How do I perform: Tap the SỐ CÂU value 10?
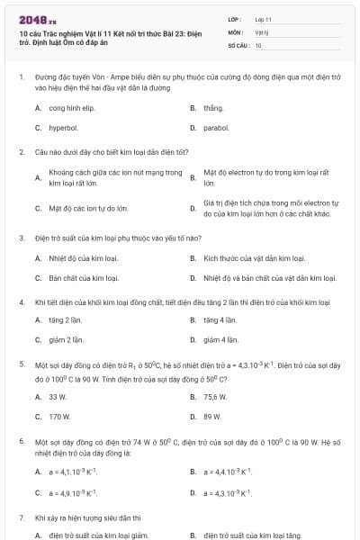tap(258, 44)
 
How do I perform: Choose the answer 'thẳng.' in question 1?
tap(213, 107)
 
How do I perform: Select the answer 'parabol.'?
tap(216, 128)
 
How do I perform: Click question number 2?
tap(21, 152)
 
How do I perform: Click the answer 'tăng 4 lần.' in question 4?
tap(220, 319)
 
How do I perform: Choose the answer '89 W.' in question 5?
tap(212, 417)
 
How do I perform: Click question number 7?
tap(21, 517)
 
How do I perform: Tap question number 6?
tap(21, 443)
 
